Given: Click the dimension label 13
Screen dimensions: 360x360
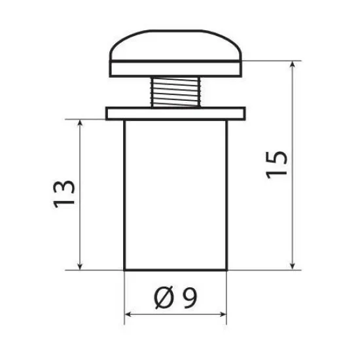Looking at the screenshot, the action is (64, 194).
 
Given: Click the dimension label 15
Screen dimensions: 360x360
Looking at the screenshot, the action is (276, 165).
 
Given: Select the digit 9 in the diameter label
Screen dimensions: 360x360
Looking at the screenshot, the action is (190, 297).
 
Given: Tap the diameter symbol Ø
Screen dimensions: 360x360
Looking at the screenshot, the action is (164, 298).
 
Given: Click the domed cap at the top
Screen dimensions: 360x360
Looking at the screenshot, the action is (175, 45).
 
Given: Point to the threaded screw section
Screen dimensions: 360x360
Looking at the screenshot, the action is (175, 92).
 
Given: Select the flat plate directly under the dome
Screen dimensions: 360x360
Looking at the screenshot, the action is (175, 69).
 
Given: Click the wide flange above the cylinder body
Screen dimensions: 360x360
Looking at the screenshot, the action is (175, 113).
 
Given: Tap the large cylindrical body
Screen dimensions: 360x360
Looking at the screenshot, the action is (175, 195).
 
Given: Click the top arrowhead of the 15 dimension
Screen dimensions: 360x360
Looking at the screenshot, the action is (293, 64).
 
